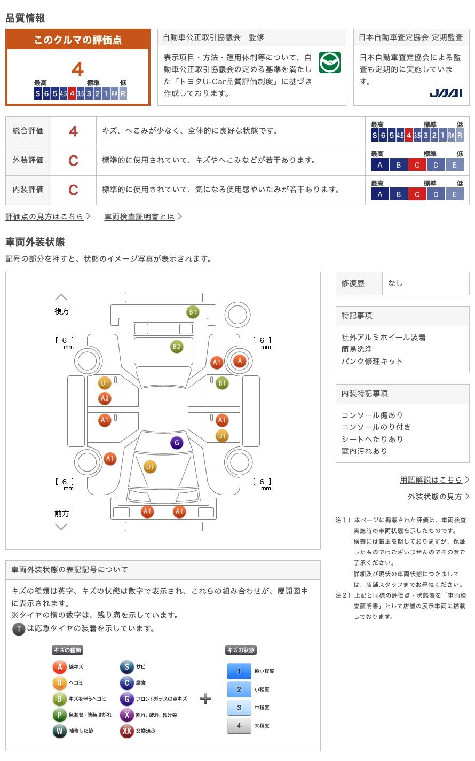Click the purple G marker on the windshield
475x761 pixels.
click(x=177, y=443)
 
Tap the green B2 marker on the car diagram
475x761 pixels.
click(x=177, y=347)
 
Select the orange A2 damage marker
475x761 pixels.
click(x=105, y=398)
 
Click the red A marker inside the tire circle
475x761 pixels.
click(x=240, y=361)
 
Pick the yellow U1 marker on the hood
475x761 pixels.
click(x=150, y=467)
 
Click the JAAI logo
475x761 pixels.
click(x=446, y=93)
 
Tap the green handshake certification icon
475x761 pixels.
click(x=330, y=62)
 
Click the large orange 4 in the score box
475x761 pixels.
click(x=78, y=69)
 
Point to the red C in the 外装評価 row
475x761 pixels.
click(x=73, y=161)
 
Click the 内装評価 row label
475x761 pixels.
click(x=28, y=190)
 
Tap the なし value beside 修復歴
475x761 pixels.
click(x=395, y=284)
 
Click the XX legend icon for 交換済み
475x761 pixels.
click(x=126, y=731)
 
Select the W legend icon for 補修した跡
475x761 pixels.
click(x=59, y=731)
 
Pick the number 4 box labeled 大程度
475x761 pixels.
click(x=239, y=726)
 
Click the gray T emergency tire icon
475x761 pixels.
click(x=19, y=629)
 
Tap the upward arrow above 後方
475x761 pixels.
click(x=61, y=297)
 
